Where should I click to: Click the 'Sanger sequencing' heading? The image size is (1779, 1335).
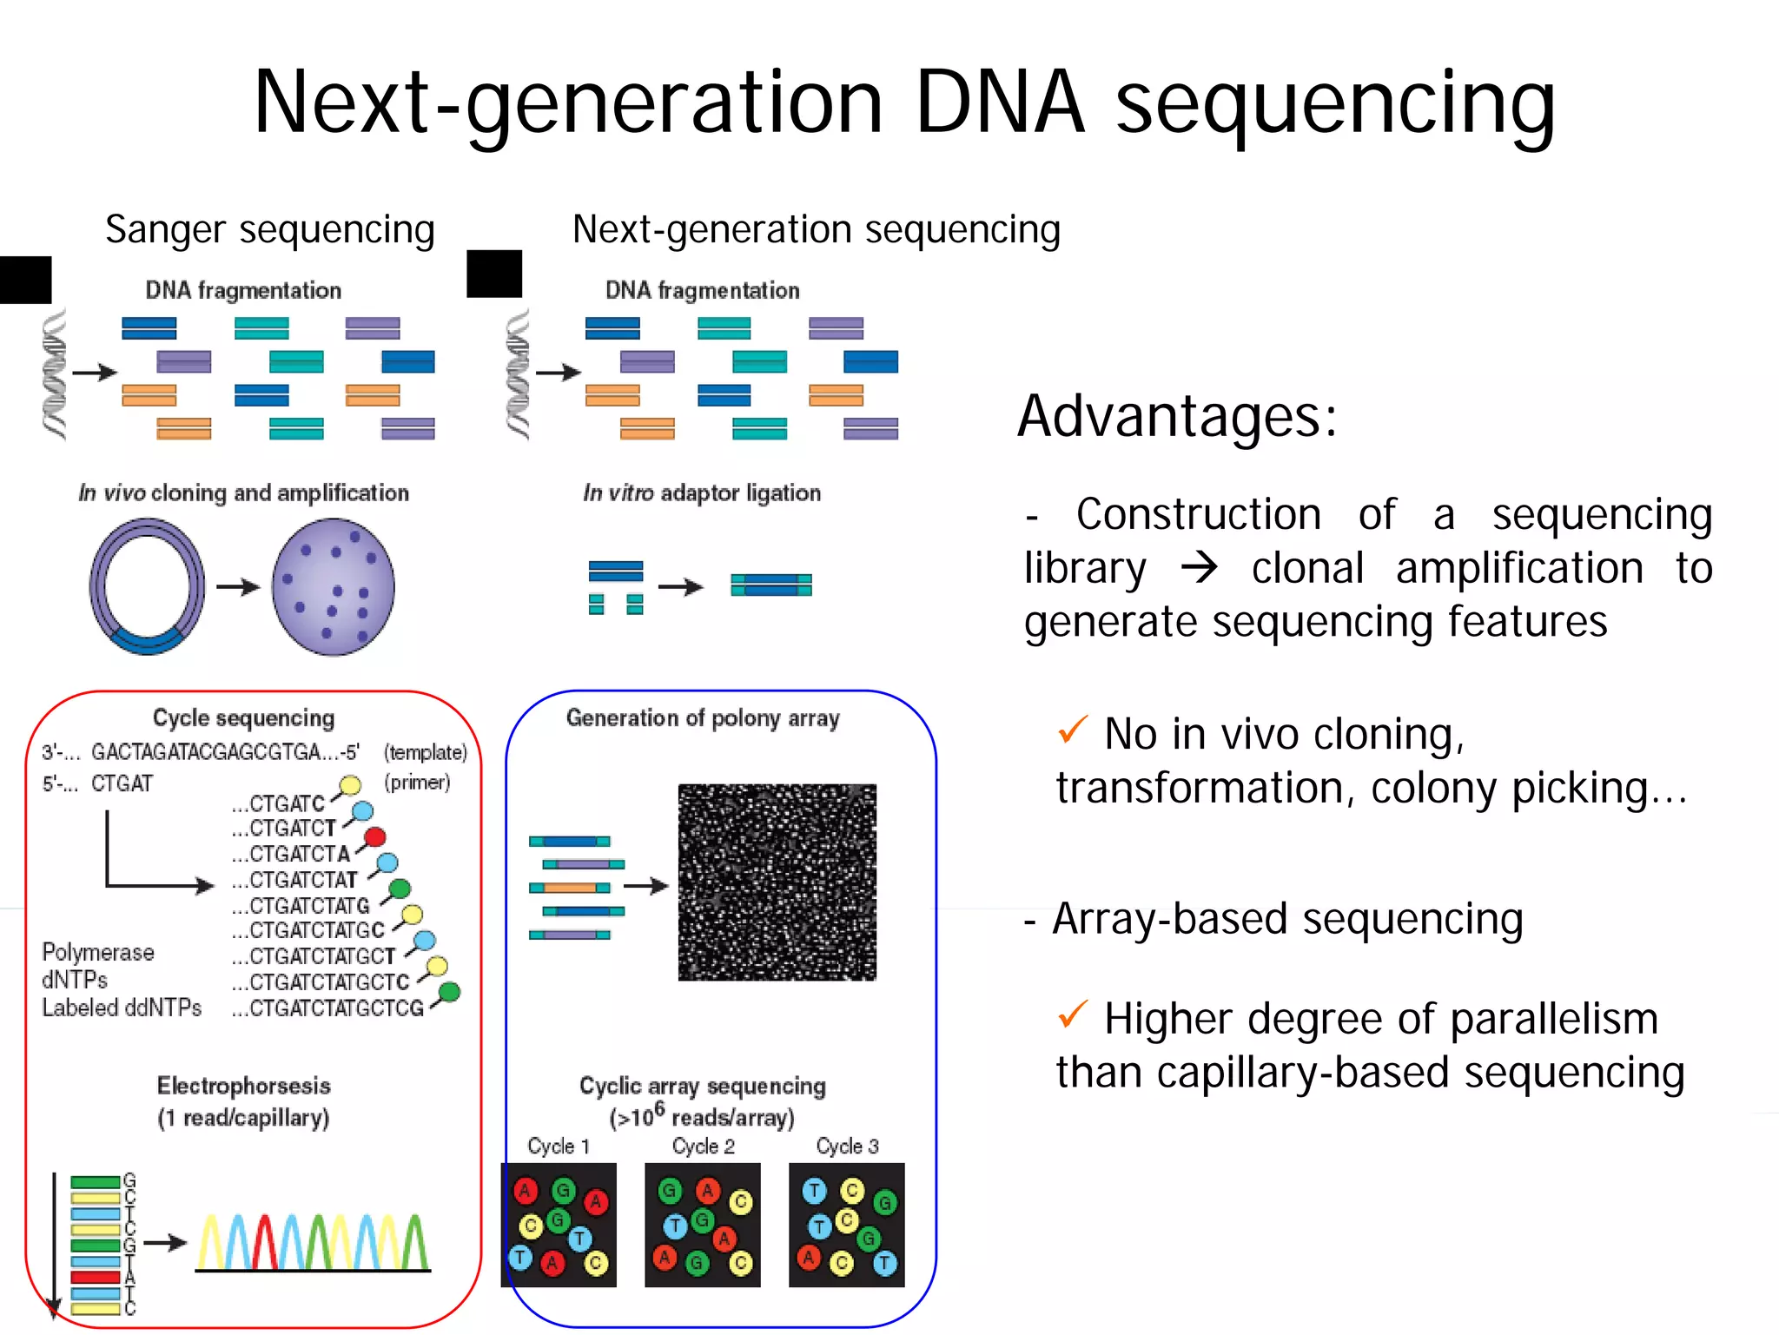click(x=269, y=230)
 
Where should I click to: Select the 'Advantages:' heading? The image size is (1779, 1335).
click(x=1177, y=416)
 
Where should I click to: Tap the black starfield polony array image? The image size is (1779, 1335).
click(x=777, y=882)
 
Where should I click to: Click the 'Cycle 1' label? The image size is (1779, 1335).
click(x=559, y=1147)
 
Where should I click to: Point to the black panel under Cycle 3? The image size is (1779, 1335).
click(x=846, y=1225)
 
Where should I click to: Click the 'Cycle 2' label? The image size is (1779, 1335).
click(x=703, y=1147)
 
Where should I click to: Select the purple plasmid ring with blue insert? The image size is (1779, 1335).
click(x=147, y=586)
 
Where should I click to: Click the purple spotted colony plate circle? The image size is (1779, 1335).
click(x=333, y=586)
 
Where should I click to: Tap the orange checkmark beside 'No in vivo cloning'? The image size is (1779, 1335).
click(x=1073, y=730)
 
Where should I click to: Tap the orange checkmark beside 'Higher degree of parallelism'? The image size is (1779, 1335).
click(x=1073, y=1014)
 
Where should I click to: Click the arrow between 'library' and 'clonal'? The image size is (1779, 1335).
click(x=1200, y=568)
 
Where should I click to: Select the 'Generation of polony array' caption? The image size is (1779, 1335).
click(x=703, y=718)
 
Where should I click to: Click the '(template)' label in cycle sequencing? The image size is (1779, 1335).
click(x=425, y=752)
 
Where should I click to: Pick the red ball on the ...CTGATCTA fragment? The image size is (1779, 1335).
click(x=374, y=837)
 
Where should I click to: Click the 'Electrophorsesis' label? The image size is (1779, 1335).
click(x=243, y=1086)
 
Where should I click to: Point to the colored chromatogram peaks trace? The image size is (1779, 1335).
click(x=313, y=1242)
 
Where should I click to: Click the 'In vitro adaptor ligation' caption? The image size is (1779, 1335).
click(x=701, y=493)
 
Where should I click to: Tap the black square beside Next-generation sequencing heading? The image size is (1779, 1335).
click(x=494, y=274)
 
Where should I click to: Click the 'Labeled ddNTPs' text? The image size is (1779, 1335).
click(x=122, y=1008)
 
